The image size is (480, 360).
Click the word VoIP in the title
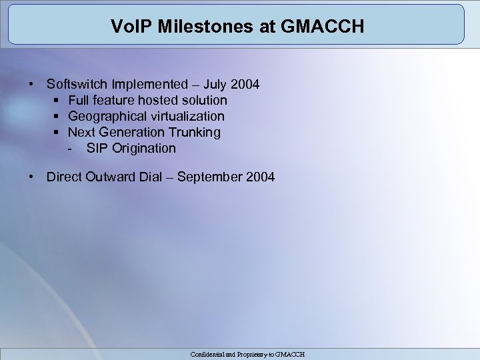(x=127, y=28)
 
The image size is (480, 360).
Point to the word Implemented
(x=151, y=85)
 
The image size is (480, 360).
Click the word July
(x=216, y=85)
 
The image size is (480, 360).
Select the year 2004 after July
(x=245, y=85)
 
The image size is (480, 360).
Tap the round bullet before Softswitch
(x=31, y=85)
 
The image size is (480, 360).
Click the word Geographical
(x=106, y=117)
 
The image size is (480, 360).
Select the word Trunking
(x=195, y=133)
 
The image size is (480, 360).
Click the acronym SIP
(x=97, y=149)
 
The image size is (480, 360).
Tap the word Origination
(x=144, y=149)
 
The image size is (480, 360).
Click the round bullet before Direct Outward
(x=31, y=177)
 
